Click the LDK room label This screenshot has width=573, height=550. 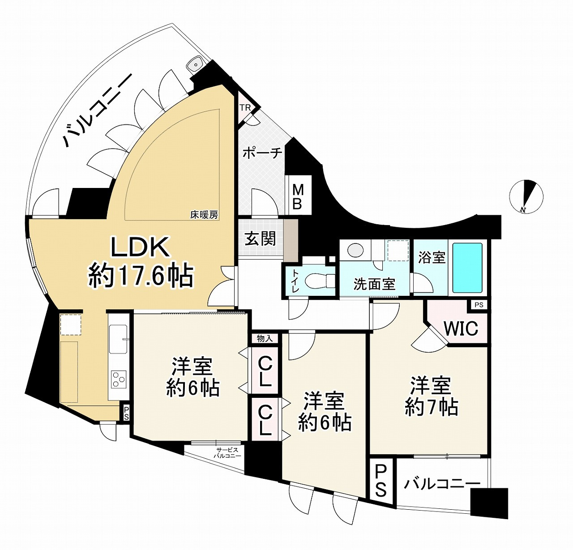click(140, 247)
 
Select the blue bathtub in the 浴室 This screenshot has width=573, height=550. click(467, 268)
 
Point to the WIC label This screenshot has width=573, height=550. click(461, 329)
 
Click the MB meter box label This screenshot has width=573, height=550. click(298, 197)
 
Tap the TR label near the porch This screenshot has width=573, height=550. click(245, 108)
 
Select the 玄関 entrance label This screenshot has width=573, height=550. click(260, 239)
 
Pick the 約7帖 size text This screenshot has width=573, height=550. click(431, 408)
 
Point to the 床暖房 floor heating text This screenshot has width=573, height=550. click(204, 215)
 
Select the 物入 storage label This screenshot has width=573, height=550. click(265, 339)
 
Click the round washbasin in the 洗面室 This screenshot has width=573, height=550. click(355, 250)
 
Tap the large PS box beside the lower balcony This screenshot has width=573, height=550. click(381, 482)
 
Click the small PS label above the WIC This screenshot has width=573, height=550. click(479, 305)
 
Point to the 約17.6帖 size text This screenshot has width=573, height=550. click(141, 275)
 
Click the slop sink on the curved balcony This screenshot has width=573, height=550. click(195, 65)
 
